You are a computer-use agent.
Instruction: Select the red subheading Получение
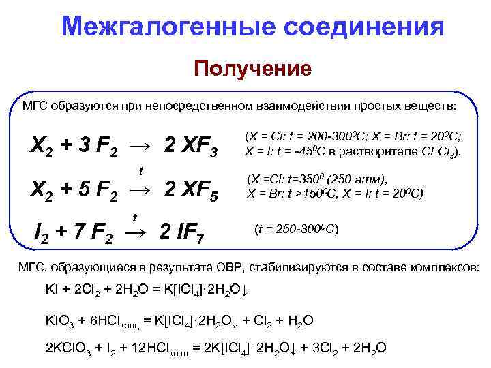point(253,69)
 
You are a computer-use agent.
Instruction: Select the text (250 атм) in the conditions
point(356,180)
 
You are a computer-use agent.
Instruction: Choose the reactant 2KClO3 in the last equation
point(68,348)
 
